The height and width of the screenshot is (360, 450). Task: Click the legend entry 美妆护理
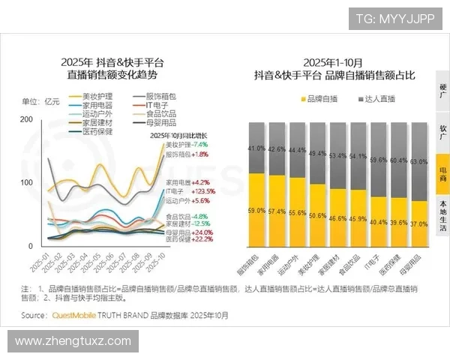97,97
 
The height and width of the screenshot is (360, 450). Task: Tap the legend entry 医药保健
97,130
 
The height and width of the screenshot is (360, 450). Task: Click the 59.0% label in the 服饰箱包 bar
256,211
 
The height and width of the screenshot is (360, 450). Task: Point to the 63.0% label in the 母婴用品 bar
418,161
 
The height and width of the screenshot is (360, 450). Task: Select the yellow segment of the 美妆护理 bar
317,215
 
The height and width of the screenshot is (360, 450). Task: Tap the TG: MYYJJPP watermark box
394,19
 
